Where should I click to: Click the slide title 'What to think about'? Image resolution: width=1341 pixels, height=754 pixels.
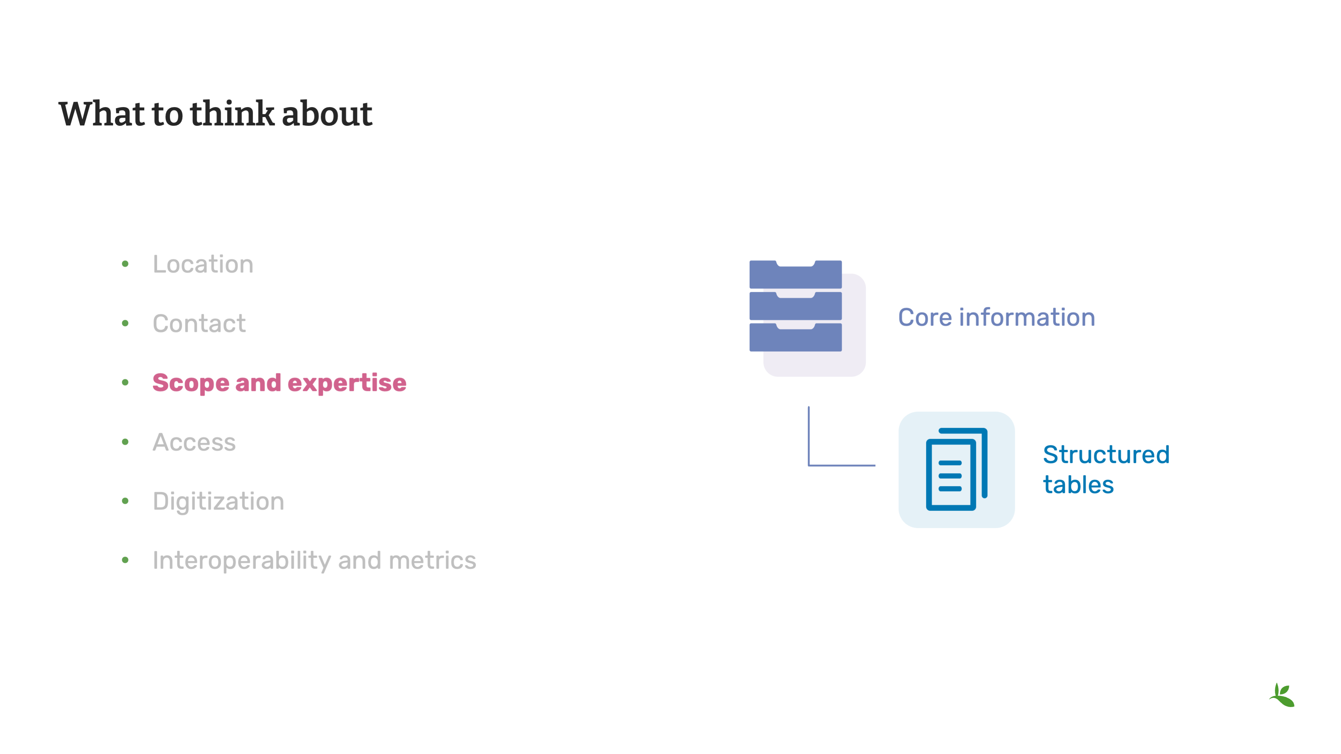coord(215,113)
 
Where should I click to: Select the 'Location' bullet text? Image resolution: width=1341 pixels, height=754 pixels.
coord(203,264)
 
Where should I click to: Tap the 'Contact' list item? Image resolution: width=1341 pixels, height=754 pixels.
coord(199,324)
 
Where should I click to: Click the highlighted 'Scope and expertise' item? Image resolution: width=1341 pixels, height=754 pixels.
coord(280,383)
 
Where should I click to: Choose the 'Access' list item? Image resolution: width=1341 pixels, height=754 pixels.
coord(194,442)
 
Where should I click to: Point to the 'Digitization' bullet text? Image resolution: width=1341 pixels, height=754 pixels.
coord(219,502)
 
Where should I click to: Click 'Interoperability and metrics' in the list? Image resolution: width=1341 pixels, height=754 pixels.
coord(314,560)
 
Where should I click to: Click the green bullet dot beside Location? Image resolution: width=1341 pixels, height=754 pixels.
coord(125,264)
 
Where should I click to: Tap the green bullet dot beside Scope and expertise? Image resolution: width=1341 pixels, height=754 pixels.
coord(125,383)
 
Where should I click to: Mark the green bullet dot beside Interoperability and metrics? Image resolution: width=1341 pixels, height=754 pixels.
coord(125,560)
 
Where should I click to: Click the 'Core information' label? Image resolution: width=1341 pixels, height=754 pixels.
coord(996,318)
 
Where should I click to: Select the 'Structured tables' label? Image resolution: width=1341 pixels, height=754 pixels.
coord(1106,469)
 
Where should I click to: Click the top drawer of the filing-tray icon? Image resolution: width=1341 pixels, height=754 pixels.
coord(795,274)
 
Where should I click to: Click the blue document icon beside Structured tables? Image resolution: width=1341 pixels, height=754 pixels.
coord(956,469)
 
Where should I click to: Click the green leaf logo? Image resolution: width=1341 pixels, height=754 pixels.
coord(1282,695)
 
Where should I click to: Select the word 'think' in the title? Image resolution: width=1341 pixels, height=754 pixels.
coord(232,113)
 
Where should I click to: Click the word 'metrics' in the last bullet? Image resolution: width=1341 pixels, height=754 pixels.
coord(433,560)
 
